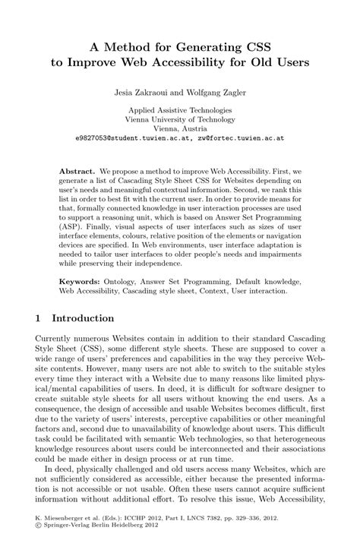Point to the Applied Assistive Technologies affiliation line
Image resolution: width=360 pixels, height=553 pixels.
(x=179, y=110)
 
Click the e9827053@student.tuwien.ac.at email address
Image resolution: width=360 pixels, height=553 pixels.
(x=127, y=140)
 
